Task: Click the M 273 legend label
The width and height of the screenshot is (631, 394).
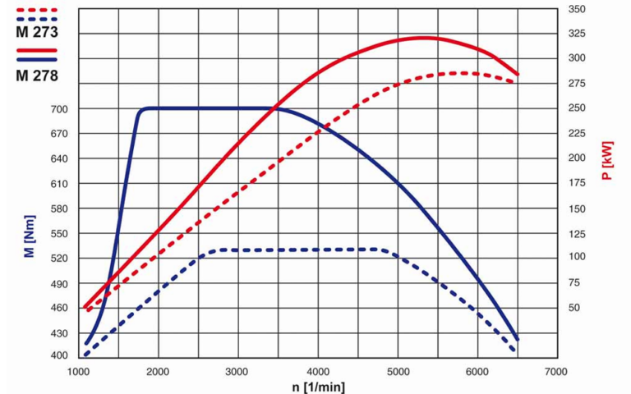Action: [x=36, y=34]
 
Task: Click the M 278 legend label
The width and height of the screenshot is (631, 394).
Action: [x=36, y=76]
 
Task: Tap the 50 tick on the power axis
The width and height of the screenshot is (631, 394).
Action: [x=574, y=307]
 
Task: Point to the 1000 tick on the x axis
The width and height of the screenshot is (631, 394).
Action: [x=79, y=371]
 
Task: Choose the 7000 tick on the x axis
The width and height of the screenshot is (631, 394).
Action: [x=556, y=371]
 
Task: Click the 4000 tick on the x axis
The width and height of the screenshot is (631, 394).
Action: [x=317, y=371]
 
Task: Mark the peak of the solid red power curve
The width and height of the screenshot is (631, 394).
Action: [x=424, y=37]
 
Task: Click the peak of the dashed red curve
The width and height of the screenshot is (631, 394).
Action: [x=464, y=73]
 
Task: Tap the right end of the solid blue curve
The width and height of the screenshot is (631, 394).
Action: [x=517, y=339]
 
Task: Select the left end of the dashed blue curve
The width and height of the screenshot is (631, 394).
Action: [x=85, y=355]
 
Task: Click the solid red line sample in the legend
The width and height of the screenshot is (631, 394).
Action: [x=36, y=50]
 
